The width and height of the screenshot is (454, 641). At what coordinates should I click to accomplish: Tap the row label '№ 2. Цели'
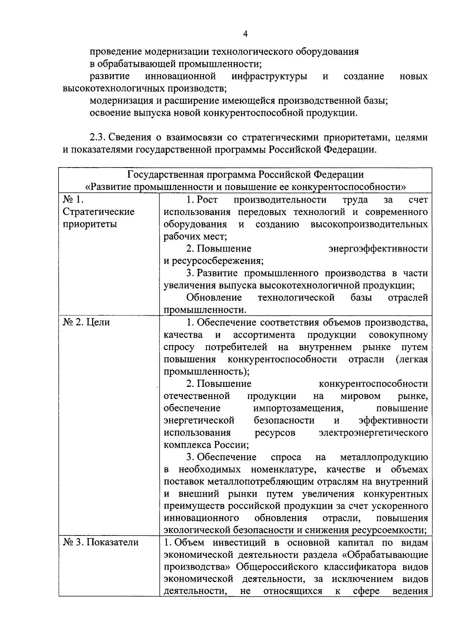86,322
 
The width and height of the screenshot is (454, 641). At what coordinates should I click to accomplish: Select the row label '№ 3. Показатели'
101,543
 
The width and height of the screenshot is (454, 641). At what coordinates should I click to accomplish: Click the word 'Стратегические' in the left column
98,212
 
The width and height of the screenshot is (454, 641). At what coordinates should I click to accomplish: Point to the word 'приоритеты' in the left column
90,224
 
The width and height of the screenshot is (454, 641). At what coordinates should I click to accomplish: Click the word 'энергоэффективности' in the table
378,249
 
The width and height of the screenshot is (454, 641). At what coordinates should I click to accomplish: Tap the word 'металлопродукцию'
384,458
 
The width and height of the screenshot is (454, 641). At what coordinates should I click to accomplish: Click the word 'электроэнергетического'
373,433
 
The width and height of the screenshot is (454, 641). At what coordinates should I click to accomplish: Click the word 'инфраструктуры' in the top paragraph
269,76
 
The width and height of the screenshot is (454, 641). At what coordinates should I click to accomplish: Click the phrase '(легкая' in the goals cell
412,359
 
